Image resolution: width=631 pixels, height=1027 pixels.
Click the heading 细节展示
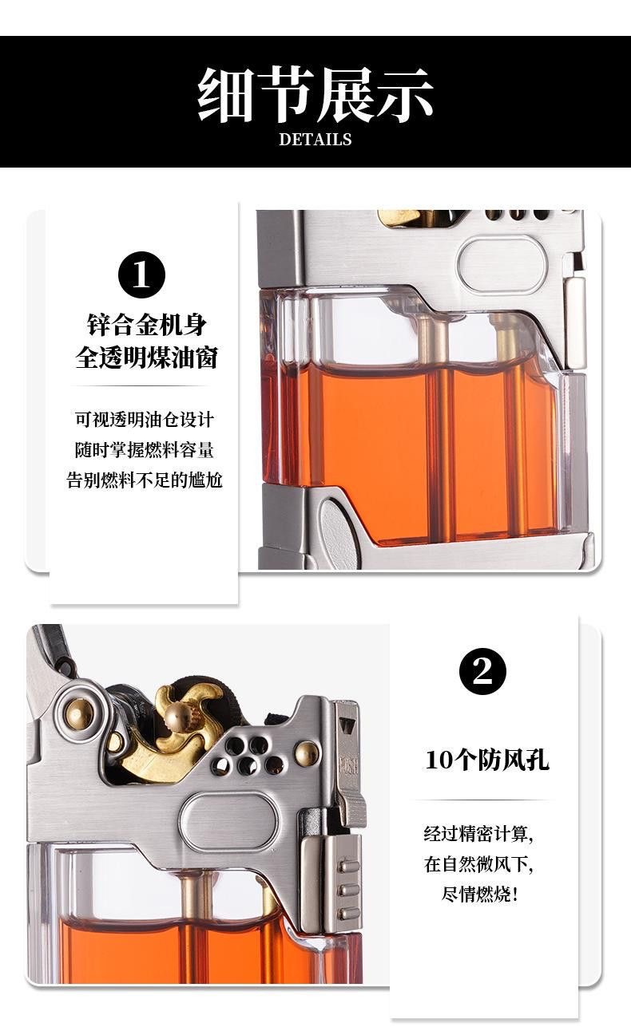pyautogui.click(x=315, y=94)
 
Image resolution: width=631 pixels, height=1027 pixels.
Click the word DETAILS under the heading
pyautogui.click(x=315, y=140)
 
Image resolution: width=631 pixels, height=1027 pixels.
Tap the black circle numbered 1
pyautogui.click(x=142, y=275)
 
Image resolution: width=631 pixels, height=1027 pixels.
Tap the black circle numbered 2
pyautogui.click(x=482, y=671)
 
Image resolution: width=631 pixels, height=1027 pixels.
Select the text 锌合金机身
pyautogui.click(x=147, y=325)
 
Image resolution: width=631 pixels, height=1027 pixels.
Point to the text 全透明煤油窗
pyautogui.click(x=147, y=357)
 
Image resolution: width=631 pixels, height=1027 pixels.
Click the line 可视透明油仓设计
pyautogui.click(x=145, y=420)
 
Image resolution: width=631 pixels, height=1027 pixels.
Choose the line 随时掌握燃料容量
pyautogui.click(x=145, y=450)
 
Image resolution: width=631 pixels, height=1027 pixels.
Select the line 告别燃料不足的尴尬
pyautogui.click(x=145, y=480)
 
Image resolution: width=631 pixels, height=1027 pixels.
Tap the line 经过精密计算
pyautogui.click(x=478, y=834)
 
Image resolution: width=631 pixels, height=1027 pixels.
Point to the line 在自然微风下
pyautogui.click(x=478, y=864)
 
